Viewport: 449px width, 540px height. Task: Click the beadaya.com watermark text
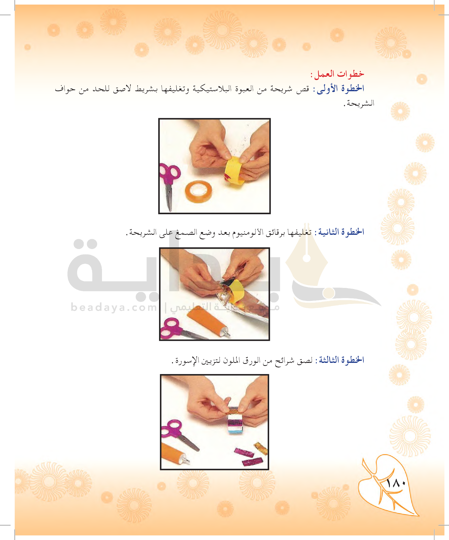[x=113, y=307]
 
